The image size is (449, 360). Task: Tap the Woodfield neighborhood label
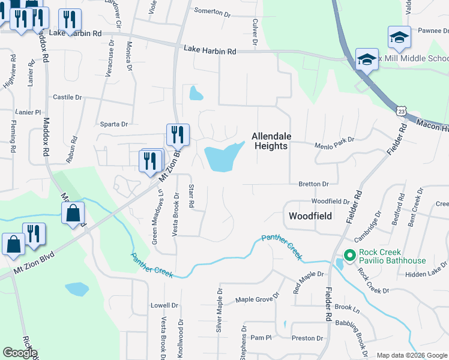click(310, 215)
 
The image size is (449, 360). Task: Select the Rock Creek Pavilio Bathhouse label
click(392, 257)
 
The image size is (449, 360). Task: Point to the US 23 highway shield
click(401, 111)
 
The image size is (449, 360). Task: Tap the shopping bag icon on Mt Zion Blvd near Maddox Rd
click(73, 214)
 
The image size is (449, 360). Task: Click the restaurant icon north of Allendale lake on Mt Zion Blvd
click(177, 135)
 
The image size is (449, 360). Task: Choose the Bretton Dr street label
click(313, 184)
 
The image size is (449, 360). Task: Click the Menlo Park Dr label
click(335, 145)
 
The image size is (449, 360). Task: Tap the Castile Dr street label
click(67, 97)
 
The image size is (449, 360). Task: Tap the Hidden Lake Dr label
click(424, 274)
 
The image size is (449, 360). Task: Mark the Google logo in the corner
click(20, 353)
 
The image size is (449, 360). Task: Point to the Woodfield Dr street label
click(330, 202)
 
